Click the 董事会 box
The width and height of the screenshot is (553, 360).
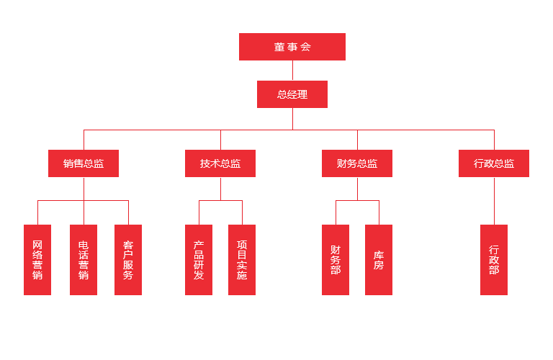(292, 47)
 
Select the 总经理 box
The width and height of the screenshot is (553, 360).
(292, 94)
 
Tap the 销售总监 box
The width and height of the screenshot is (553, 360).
(84, 163)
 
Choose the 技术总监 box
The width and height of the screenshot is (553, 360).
(220, 163)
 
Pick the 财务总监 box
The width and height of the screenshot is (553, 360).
(357, 163)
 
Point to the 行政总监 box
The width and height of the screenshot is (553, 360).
(494, 163)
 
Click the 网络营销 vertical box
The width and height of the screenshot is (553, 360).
(37, 259)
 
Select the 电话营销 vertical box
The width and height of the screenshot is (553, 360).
(84, 259)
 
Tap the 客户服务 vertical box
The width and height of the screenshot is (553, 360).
(128, 259)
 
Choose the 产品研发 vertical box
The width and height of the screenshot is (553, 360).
(199, 259)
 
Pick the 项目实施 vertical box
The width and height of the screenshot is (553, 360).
(242, 259)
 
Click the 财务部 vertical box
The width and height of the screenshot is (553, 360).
(336, 259)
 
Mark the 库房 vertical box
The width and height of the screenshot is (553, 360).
(379, 259)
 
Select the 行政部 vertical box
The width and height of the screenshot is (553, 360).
(494, 259)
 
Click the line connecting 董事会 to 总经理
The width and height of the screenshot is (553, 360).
(292, 71)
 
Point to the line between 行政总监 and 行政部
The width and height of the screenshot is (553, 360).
(494, 201)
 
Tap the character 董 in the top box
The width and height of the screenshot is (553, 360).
(279, 47)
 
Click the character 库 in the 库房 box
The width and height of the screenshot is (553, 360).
(379, 255)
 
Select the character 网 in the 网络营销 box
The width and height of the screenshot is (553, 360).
(37, 245)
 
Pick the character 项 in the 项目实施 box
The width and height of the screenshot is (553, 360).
(242, 245)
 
